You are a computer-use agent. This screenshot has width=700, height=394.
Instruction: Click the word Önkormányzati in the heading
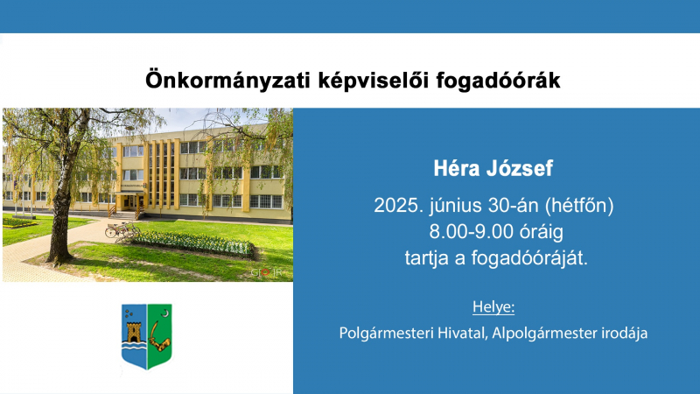pyautogui.click(x=227, y=81)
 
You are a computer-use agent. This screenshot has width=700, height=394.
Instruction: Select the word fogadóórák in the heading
pyautogui.click(x=498, y=81)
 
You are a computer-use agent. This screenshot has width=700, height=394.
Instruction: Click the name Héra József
pyautogui.click(x=493, y=168)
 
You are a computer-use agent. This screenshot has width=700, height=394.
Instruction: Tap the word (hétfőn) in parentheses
pyautogui.click(x=579, y=206)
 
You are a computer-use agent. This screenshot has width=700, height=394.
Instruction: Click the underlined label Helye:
pyautogui.click(x=493, y=307)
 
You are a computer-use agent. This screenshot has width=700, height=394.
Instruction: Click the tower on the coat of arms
pyautogui.click(x=134, y=333)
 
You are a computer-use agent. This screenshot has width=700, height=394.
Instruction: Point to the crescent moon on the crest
pyautogui.click(x=166, y=313)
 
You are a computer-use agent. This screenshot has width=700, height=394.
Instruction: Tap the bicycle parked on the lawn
pyautogui.click(x=122, y=229)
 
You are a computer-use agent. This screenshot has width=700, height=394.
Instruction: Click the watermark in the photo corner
pyautogui.click(x=267, y=272)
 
